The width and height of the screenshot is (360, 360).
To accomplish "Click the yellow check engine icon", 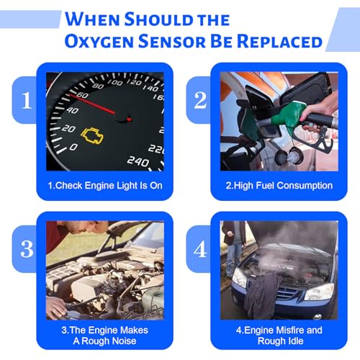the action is coord(92,136).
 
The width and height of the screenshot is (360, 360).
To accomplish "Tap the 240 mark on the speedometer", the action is coord(138,161).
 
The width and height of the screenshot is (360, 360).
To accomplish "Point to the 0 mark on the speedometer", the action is coord(73,147).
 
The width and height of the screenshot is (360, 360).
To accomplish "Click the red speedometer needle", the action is coord(92,104).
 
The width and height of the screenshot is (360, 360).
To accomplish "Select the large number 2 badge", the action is coord(200,100).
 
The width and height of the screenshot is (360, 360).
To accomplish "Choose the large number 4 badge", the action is coord(200,249).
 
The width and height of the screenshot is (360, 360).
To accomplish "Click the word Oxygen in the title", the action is coord(99,42).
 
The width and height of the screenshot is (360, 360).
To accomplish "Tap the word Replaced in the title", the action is coord(280,41).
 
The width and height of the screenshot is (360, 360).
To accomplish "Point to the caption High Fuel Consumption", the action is coord(279,186).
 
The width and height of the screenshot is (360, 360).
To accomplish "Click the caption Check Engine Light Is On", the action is coord(105,186).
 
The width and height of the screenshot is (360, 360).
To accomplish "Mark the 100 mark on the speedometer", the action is coord(115,83).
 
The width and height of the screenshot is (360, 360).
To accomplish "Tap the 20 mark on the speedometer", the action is coord(68,129).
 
